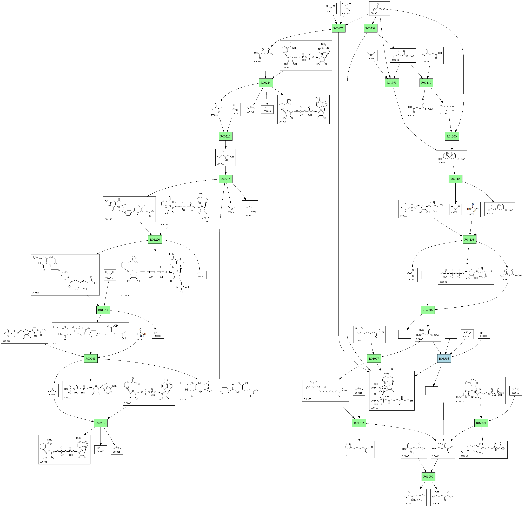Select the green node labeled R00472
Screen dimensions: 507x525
[x=338, y=28]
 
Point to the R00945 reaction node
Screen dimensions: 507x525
[x=225, y=179]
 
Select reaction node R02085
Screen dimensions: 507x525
[x=455, y=179]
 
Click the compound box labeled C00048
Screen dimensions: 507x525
[x=347, y=8]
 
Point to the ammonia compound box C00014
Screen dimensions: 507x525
[x=234, y=109]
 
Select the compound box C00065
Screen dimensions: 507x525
[x=225, y=157]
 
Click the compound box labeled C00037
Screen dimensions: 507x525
[x=250, y=209]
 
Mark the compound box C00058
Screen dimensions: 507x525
[x=52, y=390]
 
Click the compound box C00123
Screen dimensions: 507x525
[x=414, y=497]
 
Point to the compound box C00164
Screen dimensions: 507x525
[x=448, y=109]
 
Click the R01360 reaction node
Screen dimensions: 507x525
[x=452, y=136]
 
